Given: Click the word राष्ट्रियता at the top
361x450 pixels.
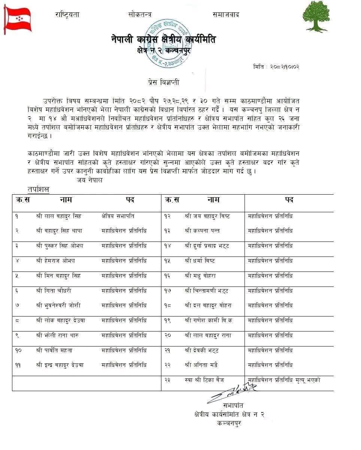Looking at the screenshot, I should pos(67,15).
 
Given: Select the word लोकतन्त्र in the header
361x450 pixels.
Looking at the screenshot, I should pos(140,15).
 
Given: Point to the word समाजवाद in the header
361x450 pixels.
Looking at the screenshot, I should pos(226,15).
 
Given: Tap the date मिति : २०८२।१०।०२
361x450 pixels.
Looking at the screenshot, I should pos(276,67).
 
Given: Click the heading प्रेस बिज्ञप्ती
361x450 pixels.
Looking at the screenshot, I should pos(159,82).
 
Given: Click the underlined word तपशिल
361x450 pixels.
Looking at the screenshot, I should pos(38,190).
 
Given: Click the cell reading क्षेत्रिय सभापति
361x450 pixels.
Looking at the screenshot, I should pos(118,216).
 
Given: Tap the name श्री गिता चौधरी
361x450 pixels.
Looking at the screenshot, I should pos(54,291).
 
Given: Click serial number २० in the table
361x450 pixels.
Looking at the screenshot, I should pos(167,335).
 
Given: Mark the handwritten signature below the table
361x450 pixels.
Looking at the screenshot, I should pos(232,392).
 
